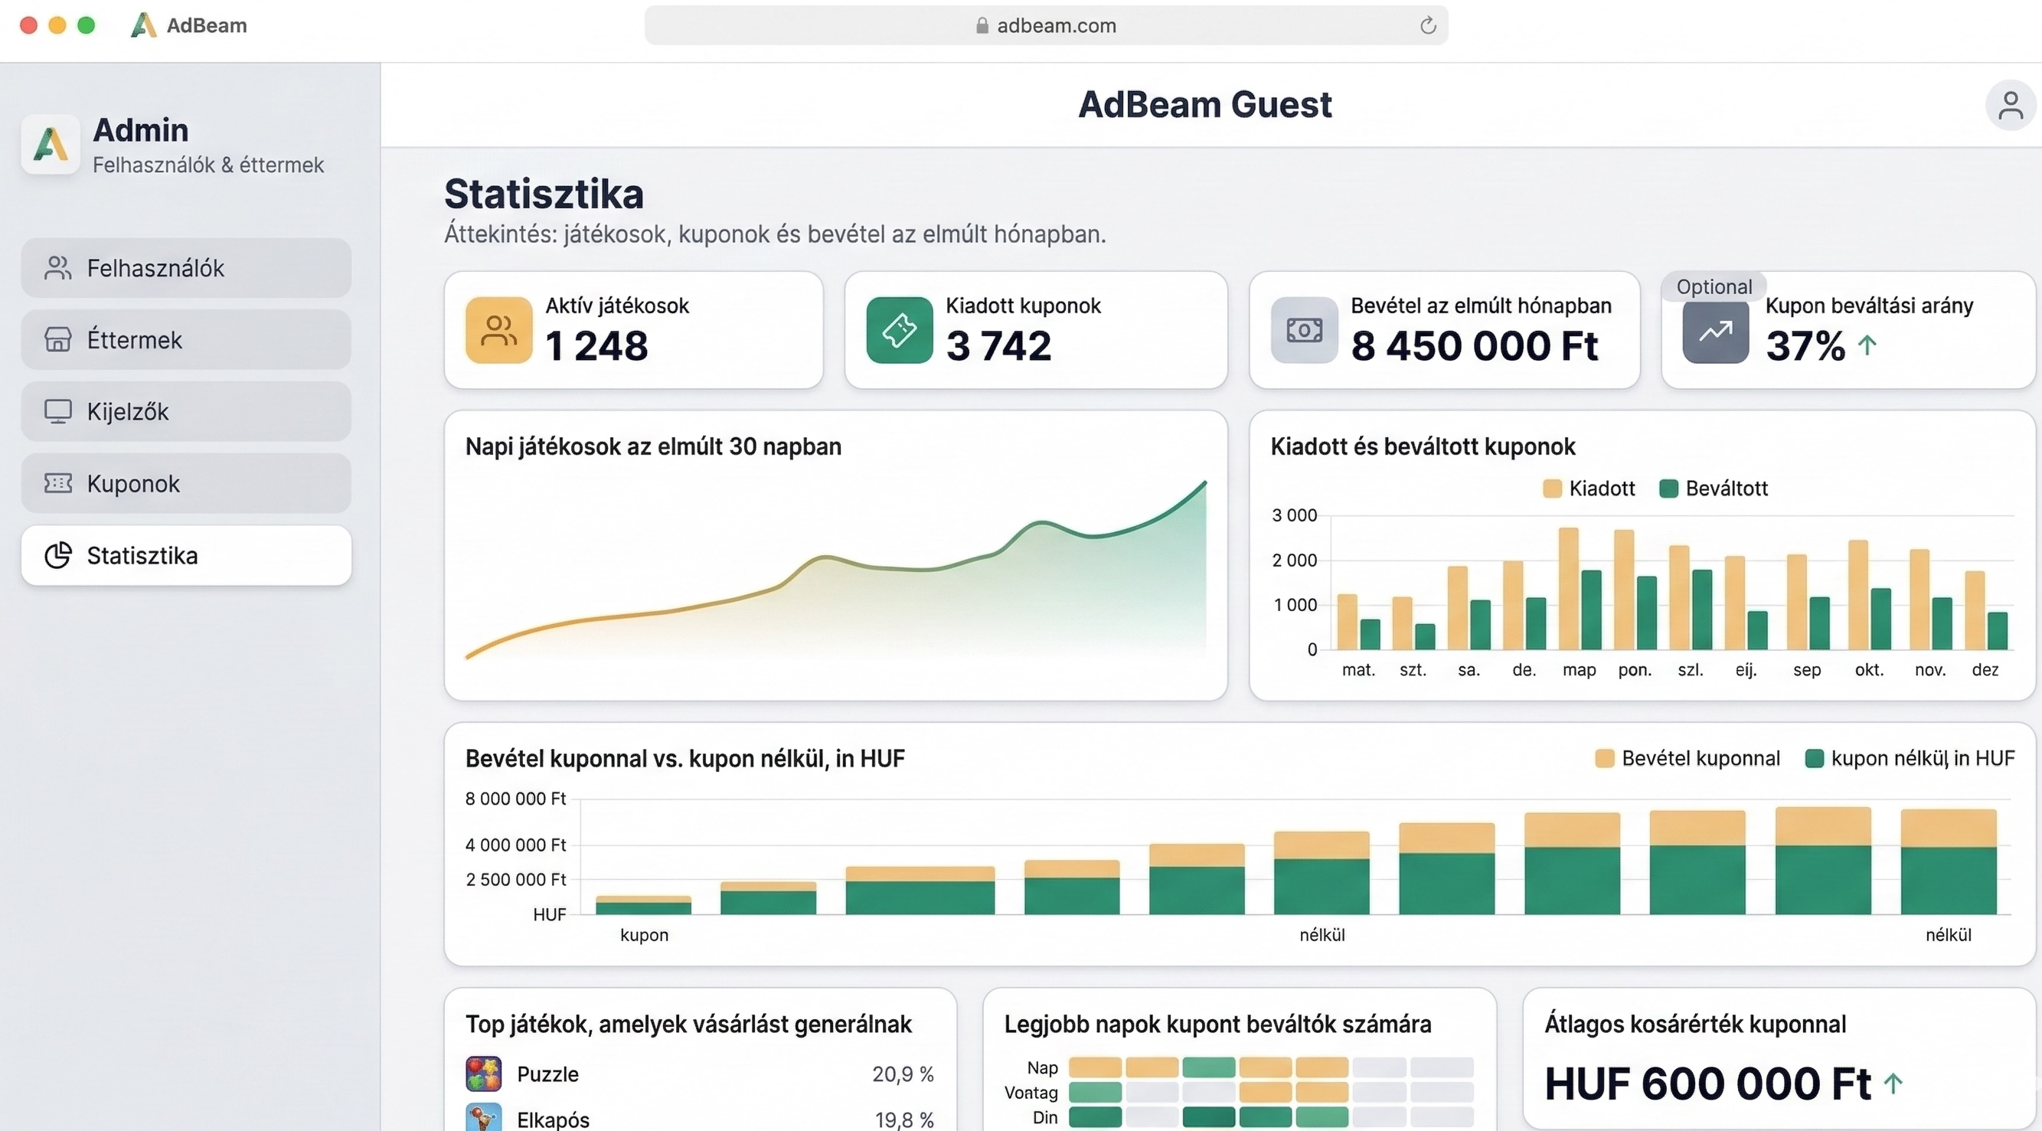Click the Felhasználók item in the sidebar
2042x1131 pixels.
(x=185, y=268)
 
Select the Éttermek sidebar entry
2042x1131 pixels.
(x=185, y=340)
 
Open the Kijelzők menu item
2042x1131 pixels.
(x=185, y=411)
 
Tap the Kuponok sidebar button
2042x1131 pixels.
(x=185, y=483)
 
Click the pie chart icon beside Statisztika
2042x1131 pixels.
(x=58, y=556)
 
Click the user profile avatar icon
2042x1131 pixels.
(x=2010, y=106)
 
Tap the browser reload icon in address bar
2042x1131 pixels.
(x=1428, y=25)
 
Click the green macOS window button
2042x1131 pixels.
(x=87, y=25)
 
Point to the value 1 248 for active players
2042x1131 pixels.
(x=596, y=346)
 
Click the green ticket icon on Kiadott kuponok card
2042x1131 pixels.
(x=899, y=330)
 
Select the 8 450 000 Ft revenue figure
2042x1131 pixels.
(x=1474, y=346)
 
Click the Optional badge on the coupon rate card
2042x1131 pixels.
(x=1713, y=287)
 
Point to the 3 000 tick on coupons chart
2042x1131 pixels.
(x=1294, y=515)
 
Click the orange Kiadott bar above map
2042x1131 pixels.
(x=1568, y=587)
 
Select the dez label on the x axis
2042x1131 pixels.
(x=1985, y=670)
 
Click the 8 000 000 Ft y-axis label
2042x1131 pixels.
(x=515, y=799)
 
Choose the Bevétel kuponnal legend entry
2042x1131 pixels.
(x=1688, y=759)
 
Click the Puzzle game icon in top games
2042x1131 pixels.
(x=484, y=1074)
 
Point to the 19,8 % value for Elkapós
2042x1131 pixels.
(x=903, y=1119)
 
